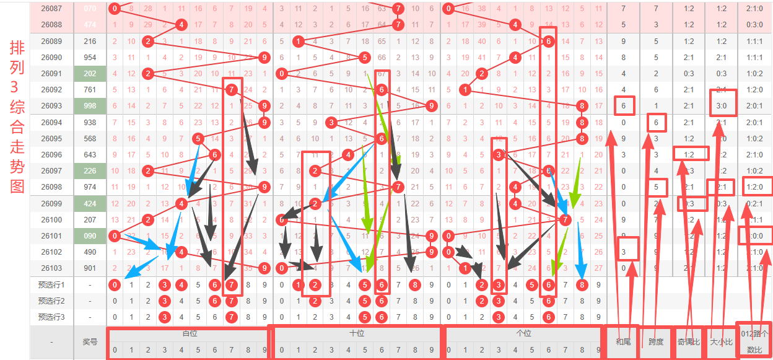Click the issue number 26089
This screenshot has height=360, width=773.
(51, 41)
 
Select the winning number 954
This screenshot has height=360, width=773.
(90, 57)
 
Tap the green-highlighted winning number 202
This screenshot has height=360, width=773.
(90, 73)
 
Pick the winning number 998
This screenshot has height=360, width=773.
(90, 105)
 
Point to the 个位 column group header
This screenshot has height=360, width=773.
(523, 333)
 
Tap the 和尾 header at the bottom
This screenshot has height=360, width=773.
(623, 341)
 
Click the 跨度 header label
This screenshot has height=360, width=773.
(656, 341)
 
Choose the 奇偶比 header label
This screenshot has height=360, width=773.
(688, 341)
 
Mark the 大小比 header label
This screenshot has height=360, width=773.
(721, 341)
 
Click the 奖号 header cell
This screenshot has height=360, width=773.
(90, 341)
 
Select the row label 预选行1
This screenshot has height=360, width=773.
(51, 284)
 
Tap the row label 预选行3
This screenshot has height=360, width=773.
(51, 317)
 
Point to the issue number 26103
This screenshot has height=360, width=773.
(51, 268)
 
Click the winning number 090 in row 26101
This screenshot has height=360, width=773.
(90, 235)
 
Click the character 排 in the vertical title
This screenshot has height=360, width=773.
(17, 48)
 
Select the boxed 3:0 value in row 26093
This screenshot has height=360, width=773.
(721, 105)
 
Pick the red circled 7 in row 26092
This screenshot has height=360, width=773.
(231, 89)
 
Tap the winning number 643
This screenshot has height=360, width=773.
(90, 154)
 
